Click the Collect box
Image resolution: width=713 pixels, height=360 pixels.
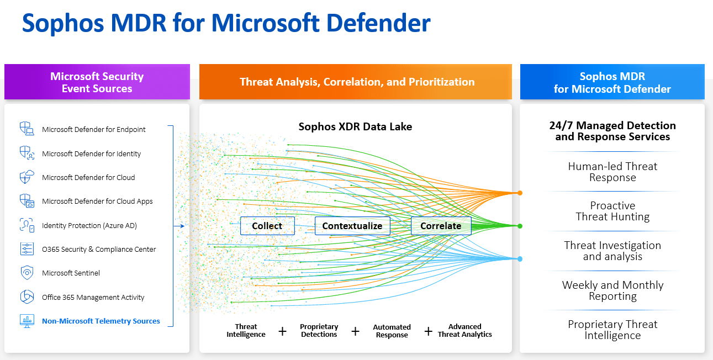coord(267,226)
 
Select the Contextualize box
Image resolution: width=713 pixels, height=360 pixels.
coord(352,226)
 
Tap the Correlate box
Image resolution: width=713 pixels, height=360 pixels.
coord(441,226)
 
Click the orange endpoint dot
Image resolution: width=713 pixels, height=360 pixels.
coord(520,193)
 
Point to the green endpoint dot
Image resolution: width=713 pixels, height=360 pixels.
coord(520,226)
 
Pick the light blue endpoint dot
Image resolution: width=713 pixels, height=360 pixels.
coord(520,258)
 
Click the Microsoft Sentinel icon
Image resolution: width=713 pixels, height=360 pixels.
coord(27,273)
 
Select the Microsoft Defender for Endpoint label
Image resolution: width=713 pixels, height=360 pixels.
coord(94,130)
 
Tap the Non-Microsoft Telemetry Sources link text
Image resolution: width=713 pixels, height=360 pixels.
coord(101,321)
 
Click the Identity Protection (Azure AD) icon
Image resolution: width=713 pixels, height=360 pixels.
coord(27,225)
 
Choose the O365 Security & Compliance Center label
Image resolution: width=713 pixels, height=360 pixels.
coord(99,249)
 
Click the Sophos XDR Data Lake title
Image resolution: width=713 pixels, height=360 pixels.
coord(355,126)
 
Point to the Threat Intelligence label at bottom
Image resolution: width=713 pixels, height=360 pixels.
coord(246,330)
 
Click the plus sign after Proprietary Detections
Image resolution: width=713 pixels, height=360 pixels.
coord(355,331)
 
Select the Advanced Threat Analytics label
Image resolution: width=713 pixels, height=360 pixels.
coord(464,330)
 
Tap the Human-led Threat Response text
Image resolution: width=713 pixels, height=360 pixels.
coord(612,172)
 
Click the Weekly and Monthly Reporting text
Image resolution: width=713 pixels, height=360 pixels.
coord(612,290)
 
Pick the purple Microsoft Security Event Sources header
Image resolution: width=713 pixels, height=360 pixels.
coord(97,82)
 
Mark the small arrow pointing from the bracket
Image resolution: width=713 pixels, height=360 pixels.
coord(179,225)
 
